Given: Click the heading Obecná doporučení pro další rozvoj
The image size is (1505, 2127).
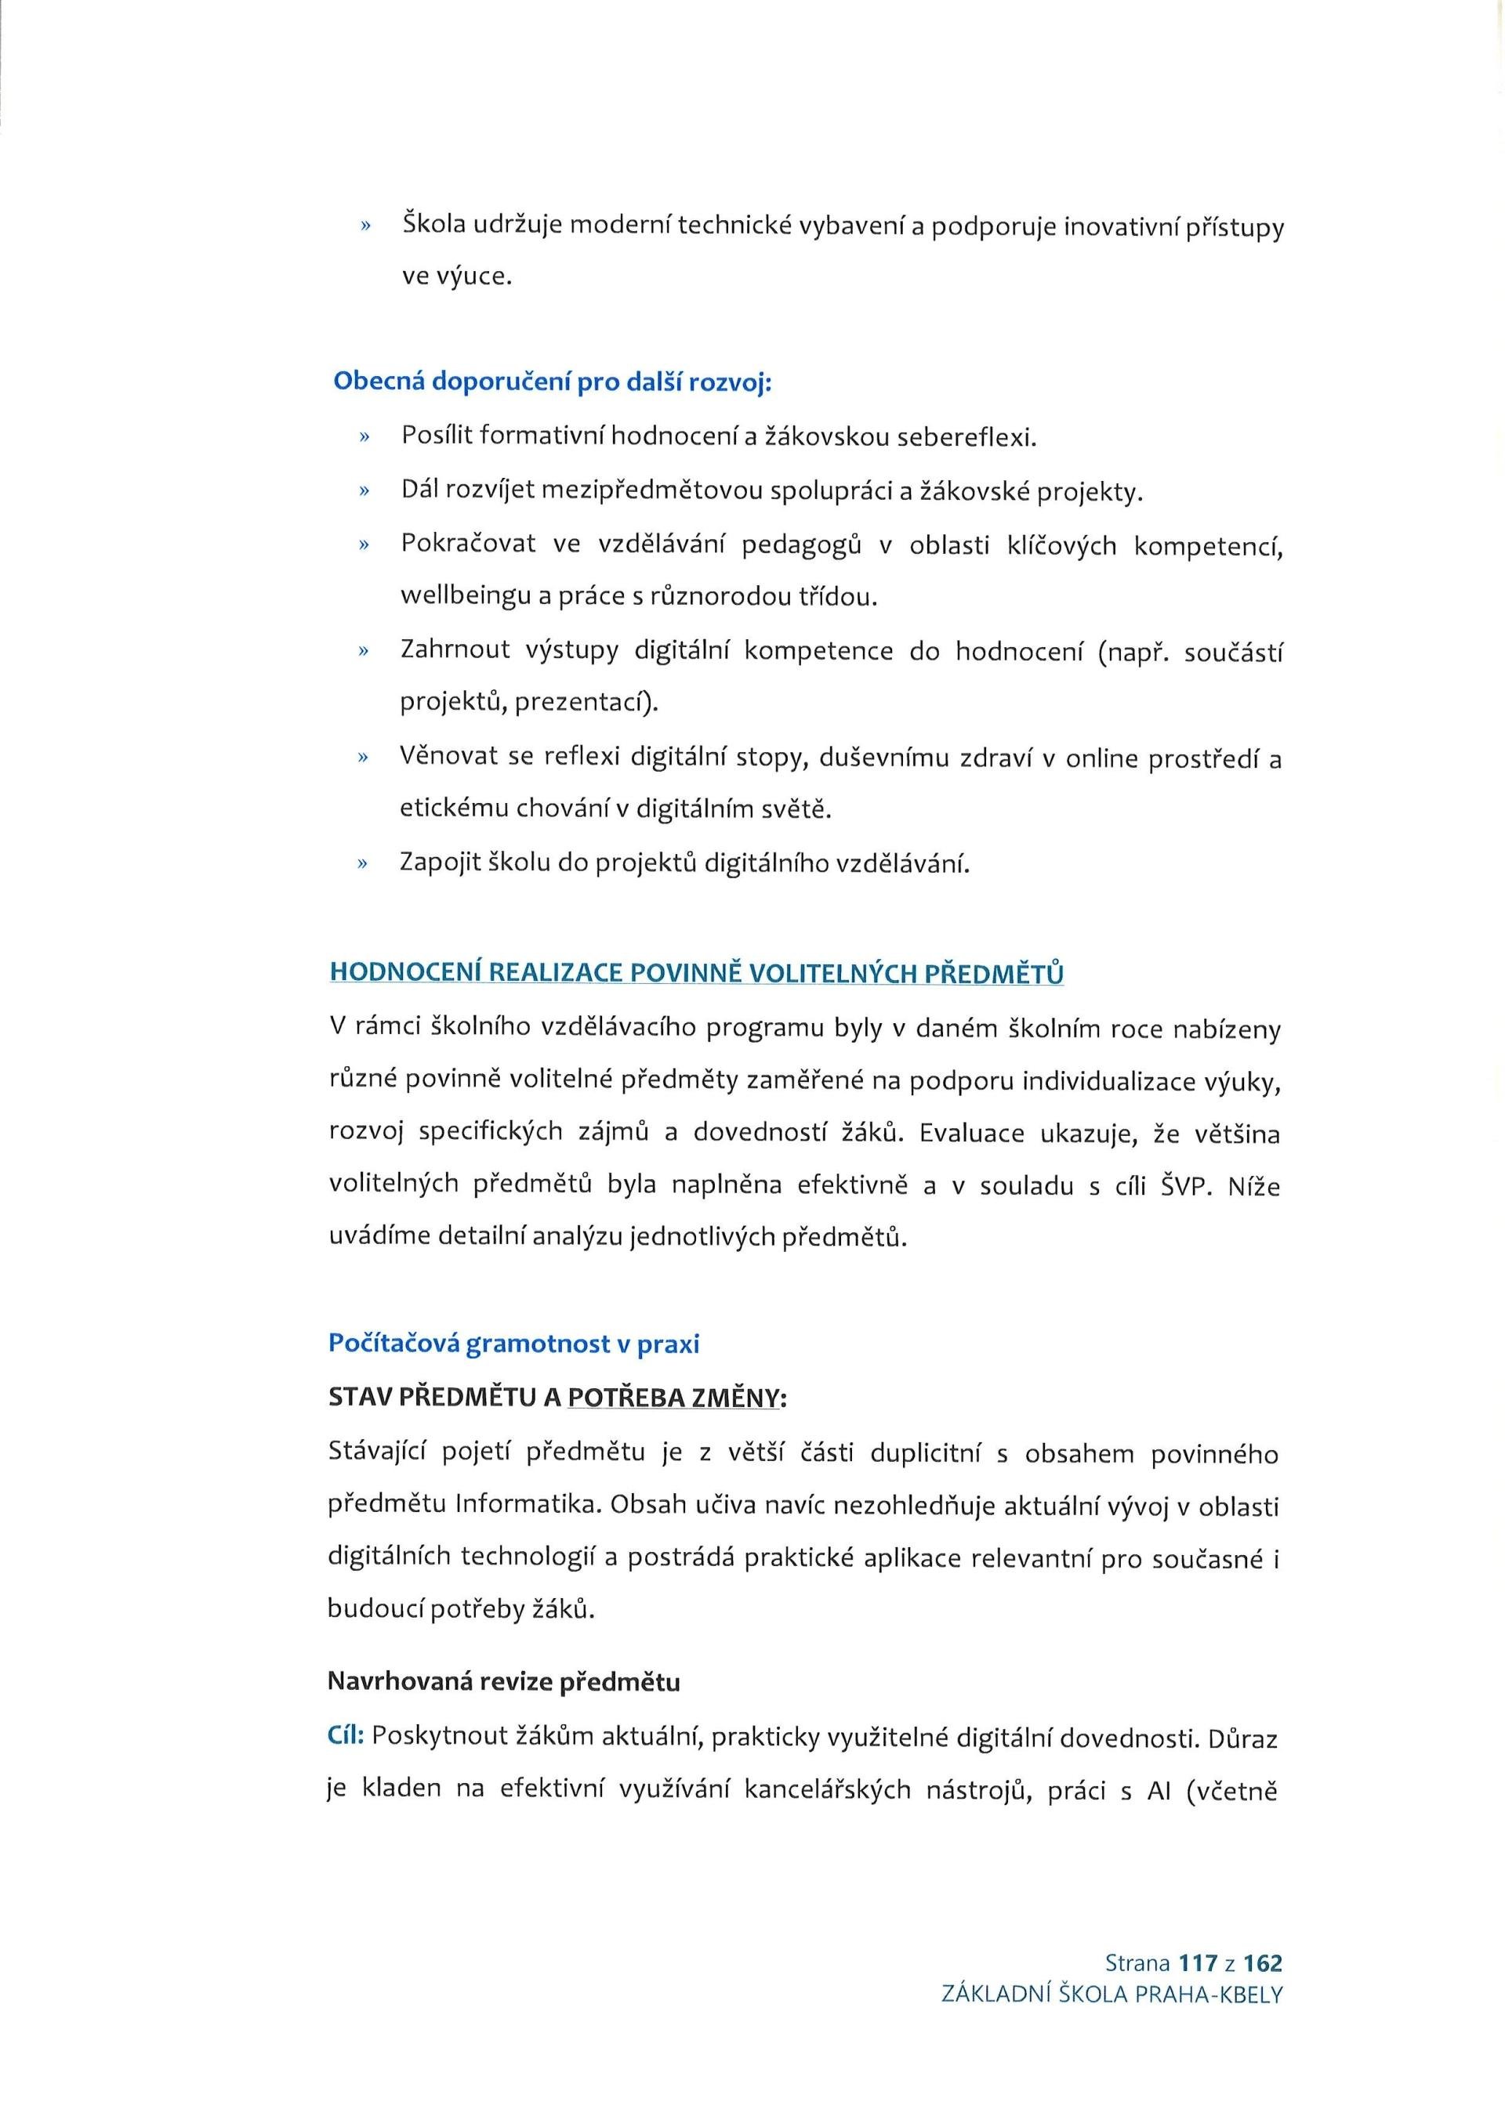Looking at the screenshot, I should pyautogui.click(x=553, y=382).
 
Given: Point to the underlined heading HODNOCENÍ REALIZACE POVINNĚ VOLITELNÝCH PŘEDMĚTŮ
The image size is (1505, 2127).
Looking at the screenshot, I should pyautogui.click(x=696, y=974).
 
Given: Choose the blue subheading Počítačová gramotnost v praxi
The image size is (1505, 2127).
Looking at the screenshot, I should pyautogui.click(x=513, y=1344).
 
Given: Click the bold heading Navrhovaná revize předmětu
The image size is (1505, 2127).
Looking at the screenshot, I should pyautogui.click(x=504, y=1681).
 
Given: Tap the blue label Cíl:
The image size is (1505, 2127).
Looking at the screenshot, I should pyautogui.click(x=346, y=1736).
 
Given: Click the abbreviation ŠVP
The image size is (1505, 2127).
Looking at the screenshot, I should pyautogui.click(x=1185, y=1186).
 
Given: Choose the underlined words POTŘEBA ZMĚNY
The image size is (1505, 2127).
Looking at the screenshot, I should pyautogui.click(x=671, y=1398).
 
